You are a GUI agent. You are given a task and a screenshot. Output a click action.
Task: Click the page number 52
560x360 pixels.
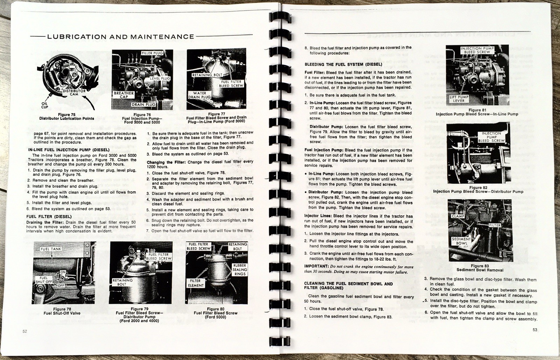tap(24, 332)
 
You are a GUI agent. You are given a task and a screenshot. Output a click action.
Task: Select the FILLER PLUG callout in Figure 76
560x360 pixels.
tap(152, 53)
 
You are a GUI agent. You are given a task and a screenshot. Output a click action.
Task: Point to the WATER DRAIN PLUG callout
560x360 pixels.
tap(199, 95)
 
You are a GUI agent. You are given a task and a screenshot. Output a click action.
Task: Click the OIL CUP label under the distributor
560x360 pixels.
tap(44, 105)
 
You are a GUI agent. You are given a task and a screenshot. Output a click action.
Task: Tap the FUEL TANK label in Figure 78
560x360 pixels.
tap(51, 249)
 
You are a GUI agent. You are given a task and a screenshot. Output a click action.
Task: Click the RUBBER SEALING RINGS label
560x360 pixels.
tap(240, 270)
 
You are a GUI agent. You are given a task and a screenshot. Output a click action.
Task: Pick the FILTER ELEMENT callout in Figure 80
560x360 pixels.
tap(195, 283)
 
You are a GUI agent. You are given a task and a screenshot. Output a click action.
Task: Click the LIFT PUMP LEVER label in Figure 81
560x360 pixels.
tap(458, 98)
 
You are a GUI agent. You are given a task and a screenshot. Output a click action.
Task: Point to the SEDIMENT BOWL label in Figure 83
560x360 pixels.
tap(461, 241)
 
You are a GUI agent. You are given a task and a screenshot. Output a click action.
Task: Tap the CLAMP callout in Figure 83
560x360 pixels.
tap(458, 216)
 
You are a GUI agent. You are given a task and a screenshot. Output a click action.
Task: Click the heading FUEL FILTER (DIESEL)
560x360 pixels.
tap(49, 217)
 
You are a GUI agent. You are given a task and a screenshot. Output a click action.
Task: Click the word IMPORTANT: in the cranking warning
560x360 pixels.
tap(316, 266)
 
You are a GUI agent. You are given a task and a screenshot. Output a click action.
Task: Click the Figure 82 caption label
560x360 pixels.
tap(478, 187)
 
